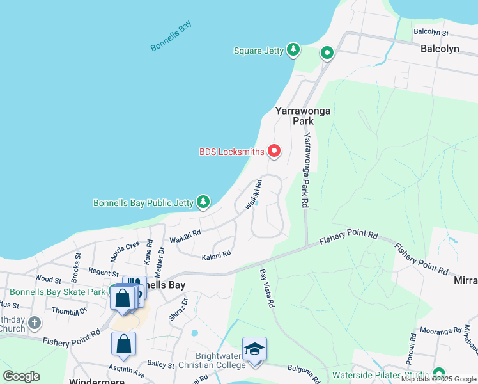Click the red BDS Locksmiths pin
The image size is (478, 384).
click(x=275, y=151)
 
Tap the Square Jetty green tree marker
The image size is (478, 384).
click(x=293, y=50)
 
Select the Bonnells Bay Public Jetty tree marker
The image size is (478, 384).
click(x=203, y=202)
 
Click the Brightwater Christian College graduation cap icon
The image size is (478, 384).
click(x=254, y=349)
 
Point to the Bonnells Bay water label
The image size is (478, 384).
click(x=171, y=36)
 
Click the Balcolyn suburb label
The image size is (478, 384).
click(x=440, y=49)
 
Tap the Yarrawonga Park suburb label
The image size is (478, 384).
click(x=303, y=115)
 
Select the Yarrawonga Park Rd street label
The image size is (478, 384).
click(x=306, y=170)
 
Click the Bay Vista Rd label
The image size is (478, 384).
click(x=267, y=287)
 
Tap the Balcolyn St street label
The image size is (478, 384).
click(x=431, y=31)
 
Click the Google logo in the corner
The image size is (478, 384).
click(x=21, y=376)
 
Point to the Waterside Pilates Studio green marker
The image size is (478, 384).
click(x=438, y=374)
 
